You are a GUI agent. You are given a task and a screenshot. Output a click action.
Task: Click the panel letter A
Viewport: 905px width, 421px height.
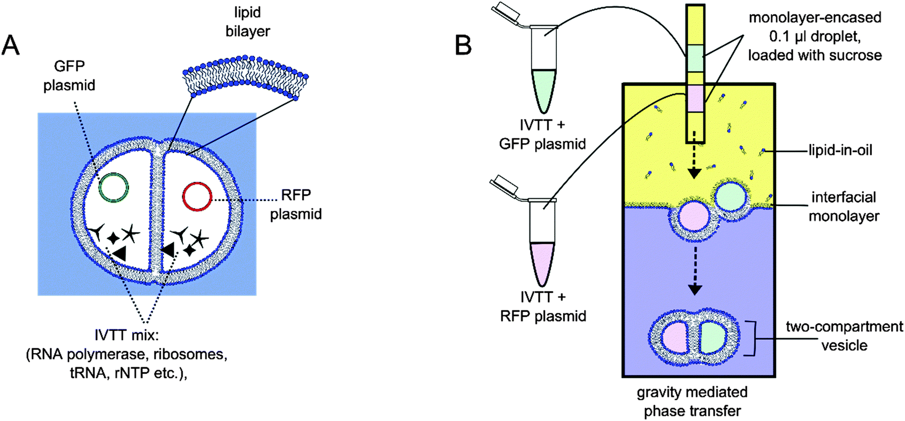(11, 45)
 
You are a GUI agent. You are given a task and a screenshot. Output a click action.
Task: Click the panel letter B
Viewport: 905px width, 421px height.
(463, 45)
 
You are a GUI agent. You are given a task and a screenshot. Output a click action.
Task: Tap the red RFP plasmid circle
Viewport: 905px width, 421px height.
(197, 197)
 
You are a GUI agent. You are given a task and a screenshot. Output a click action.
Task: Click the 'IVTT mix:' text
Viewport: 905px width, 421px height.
(125, 336)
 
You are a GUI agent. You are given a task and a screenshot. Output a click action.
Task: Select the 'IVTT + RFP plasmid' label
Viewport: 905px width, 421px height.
(543, 306)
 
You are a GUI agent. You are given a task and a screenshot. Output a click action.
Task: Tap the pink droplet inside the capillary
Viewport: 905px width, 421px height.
(694, 97)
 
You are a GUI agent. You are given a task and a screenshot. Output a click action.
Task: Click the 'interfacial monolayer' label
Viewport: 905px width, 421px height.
(843, 206)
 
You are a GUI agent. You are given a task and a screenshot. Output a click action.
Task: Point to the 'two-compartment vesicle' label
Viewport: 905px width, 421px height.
(844, 336)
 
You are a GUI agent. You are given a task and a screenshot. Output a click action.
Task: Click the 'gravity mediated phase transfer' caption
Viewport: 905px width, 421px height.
(692, 401)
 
